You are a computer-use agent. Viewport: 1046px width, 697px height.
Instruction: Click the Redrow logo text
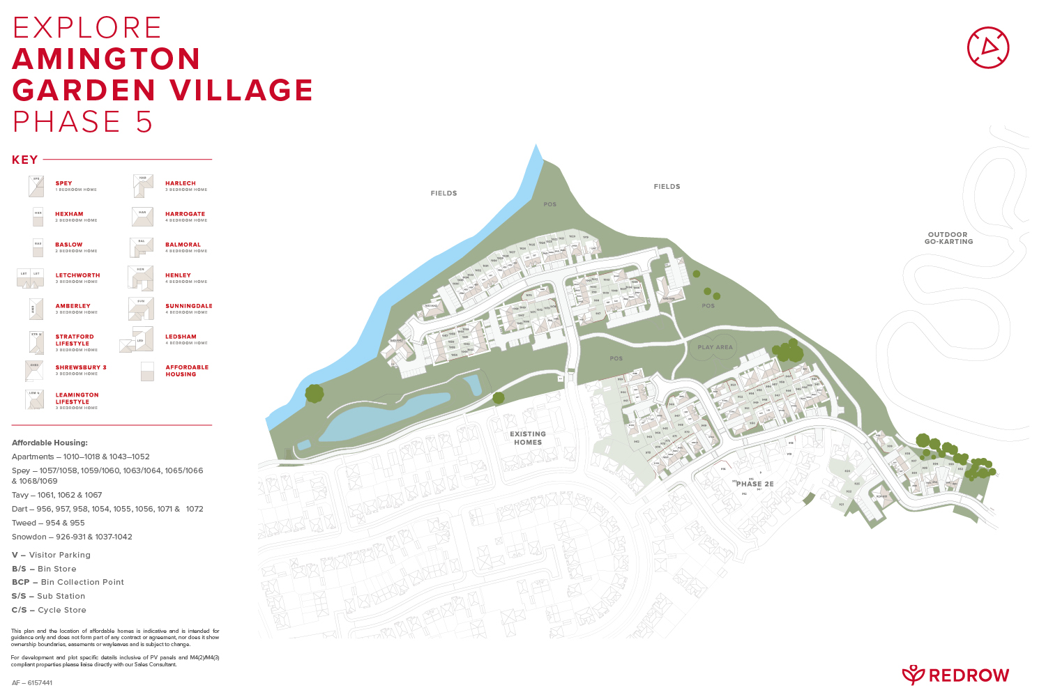(969, 675)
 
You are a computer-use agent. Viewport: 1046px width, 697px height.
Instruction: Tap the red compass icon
(988, 47)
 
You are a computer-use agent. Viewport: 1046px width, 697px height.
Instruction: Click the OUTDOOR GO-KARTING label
(948, 238)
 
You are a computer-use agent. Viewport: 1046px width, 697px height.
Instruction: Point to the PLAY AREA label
(715, 347)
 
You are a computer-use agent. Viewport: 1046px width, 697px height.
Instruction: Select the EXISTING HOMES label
(528, 438)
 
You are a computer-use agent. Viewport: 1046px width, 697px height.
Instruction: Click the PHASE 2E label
(755, 484)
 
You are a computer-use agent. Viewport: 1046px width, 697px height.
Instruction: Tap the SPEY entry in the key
(63, 183)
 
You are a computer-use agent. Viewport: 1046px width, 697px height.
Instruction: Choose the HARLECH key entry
(181, 183)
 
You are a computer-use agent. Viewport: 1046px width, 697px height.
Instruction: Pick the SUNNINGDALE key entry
(188, 306)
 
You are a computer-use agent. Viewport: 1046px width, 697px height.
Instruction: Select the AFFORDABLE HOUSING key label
(187, 371)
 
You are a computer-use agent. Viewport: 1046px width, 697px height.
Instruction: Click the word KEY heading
(25, 160)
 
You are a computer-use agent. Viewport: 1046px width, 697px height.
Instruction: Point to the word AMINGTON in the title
(107, 59)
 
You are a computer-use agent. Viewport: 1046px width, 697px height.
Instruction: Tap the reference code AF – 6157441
(32, 682)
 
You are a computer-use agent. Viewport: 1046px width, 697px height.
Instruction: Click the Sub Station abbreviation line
(48, 596)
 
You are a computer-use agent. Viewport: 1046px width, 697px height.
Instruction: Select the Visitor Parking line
(51, 555)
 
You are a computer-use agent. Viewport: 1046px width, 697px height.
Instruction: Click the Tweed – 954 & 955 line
(48, 523)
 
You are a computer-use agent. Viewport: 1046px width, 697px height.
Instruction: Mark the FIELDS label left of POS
(444, 193)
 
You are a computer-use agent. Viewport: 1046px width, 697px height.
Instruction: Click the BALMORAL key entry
(183, 245)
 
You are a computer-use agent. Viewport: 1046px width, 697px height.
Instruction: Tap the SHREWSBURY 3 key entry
(81, 367)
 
